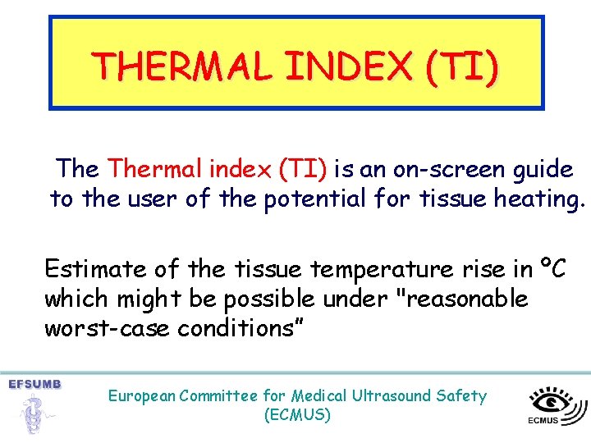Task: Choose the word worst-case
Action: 94,328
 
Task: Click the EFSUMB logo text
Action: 34,384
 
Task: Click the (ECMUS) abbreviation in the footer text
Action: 297,415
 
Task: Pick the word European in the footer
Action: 140,396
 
